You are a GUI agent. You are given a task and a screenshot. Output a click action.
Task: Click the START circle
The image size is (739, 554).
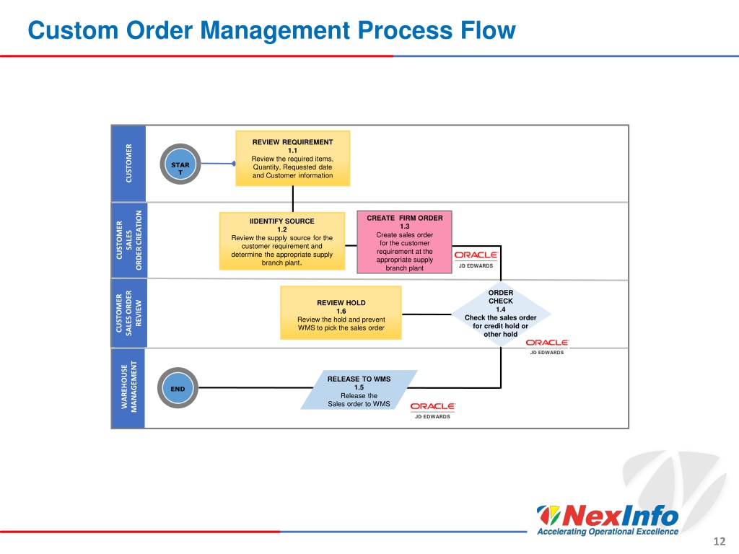pyautogui.click(x=180, y=164)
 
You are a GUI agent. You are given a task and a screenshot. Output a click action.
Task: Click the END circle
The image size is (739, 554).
pyautogui.click(x=178, y=388)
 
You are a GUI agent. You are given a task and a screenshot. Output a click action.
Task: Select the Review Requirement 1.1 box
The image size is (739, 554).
pyautogui.click(x=293, y=158)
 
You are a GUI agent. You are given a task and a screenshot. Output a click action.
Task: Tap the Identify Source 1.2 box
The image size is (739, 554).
pyautogui.click(x=282, y=241)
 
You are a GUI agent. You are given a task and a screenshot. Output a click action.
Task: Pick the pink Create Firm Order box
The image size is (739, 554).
pyautogui.click(x=404, y=242)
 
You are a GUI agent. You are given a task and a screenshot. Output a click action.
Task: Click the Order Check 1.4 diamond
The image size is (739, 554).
pyautogui.click(x=501, y=314)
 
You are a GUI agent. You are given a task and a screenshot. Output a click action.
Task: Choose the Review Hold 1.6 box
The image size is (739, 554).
pyautogui.click(x=341, y=313)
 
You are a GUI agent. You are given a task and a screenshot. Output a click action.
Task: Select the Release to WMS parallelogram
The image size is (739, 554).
pyautogui.click(x=359, y=390)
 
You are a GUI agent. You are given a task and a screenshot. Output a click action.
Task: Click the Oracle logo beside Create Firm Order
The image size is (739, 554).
pyautogui.click(x=476, y=259)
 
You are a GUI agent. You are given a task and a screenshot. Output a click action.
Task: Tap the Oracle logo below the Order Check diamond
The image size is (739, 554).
pyautogui.click(x=547, y=346)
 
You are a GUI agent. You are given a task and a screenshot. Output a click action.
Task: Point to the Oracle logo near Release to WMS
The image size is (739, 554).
pyautogui.click(x=433, y=410)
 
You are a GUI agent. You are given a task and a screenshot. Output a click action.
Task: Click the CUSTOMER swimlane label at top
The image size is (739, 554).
pyautogui.click(x=128, y=164)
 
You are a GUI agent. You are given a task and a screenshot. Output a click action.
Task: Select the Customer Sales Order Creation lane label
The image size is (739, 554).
pyautogui.click(x=128, y=240)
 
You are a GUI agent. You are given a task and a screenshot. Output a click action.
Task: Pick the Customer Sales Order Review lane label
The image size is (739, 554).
pyautogui.click(x=128, y=313)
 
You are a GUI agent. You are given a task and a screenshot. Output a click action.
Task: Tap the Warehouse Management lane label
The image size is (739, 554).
pyautogui.click(x=128, y=387)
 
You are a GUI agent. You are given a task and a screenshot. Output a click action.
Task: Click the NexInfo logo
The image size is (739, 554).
pyautogui.click(x=608, y=515)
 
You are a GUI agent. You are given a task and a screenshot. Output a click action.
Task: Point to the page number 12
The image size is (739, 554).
pyautogui.click(x=720, y=542)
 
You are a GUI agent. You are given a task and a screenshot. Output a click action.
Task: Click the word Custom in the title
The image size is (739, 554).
pyautogui.click(x=73, y=30)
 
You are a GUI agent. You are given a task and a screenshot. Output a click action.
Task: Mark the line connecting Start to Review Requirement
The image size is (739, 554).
pyautogui.click(x=218, y=164)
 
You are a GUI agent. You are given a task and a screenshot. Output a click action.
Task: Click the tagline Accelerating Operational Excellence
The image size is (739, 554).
pyautogui.click(x=608, y=532)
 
